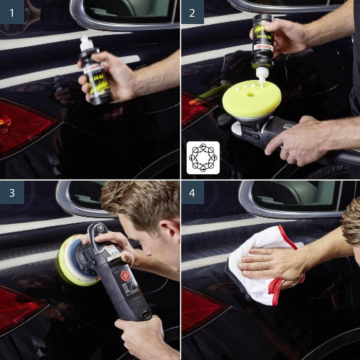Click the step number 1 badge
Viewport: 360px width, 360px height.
(12, 12)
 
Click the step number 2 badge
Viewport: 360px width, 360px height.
(192, 12)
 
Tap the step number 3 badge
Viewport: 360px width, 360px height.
(12, 192)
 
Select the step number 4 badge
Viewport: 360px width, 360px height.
(192, 192)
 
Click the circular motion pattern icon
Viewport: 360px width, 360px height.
(203, 157)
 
